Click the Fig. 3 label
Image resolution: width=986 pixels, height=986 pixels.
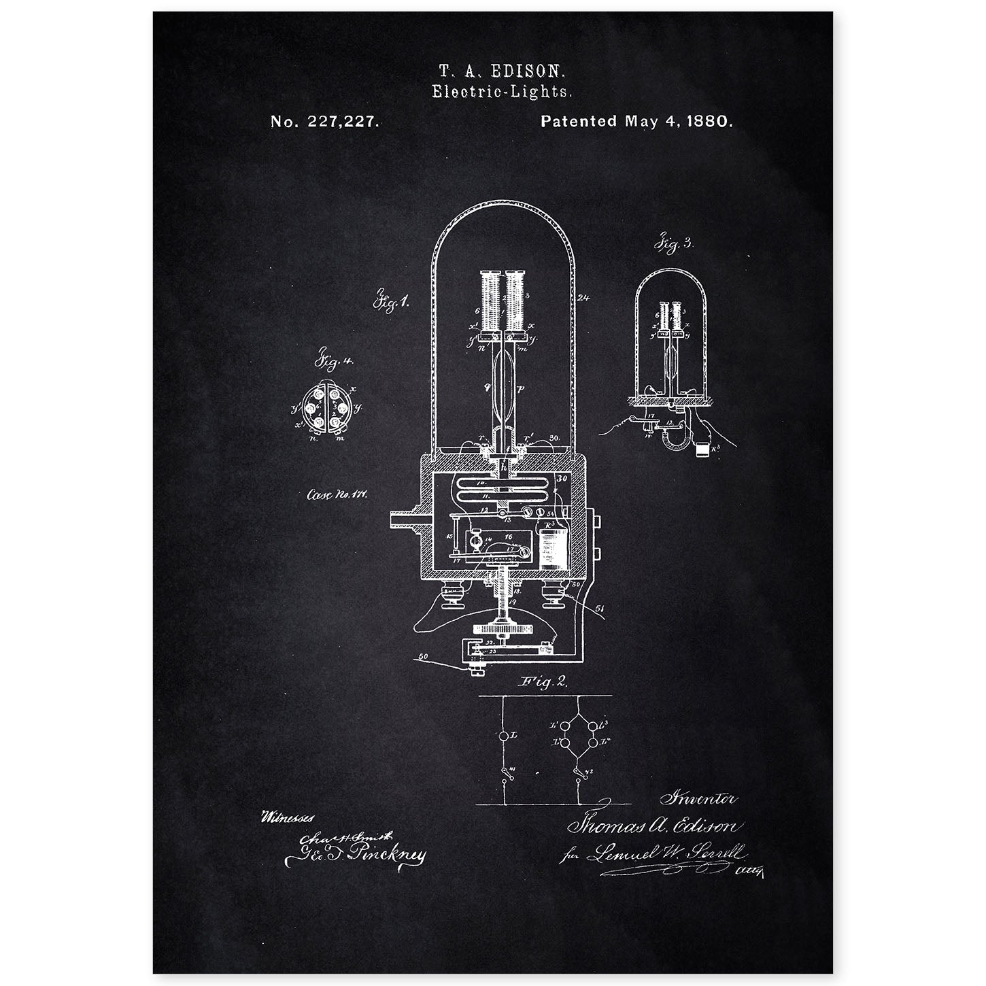click(674, 243)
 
